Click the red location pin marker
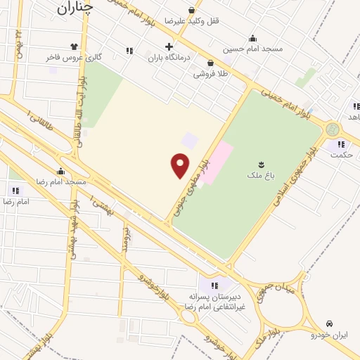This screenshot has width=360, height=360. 181,165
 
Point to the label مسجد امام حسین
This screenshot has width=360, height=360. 252,49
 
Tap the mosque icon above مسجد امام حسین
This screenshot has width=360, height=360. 253,38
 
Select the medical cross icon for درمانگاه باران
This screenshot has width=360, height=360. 169,46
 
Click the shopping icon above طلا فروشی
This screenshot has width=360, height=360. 210,63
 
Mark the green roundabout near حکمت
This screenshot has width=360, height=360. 332,129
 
